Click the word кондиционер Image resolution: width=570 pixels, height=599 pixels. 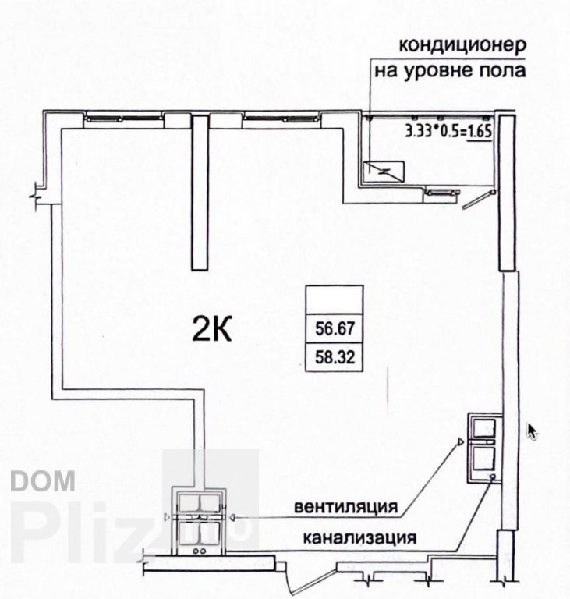(462, 45)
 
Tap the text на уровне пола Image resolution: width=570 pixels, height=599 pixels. (450, 71)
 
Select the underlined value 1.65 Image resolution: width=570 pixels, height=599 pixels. (479, 131)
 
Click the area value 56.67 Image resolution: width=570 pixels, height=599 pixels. (335, 328)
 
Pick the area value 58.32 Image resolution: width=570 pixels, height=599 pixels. (335, 357)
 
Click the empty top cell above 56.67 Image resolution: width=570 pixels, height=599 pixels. (335, 299)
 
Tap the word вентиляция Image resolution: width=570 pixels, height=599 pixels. (345, 506)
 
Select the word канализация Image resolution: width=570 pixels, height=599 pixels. (359, 537)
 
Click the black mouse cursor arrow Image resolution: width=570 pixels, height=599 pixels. (532, 431)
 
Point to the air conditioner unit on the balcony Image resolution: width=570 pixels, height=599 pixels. (384, 171)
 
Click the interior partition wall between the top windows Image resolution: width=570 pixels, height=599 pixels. (200, 193)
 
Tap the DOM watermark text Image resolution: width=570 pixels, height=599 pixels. (43, 480)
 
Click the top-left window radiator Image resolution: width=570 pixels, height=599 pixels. (123, 119)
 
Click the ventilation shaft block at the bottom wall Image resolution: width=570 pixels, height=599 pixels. (200, 522)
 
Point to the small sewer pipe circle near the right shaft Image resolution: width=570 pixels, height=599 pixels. (493, 477)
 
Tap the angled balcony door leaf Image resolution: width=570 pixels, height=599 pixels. (478, 200)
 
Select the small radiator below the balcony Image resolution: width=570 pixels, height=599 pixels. (443, 192)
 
